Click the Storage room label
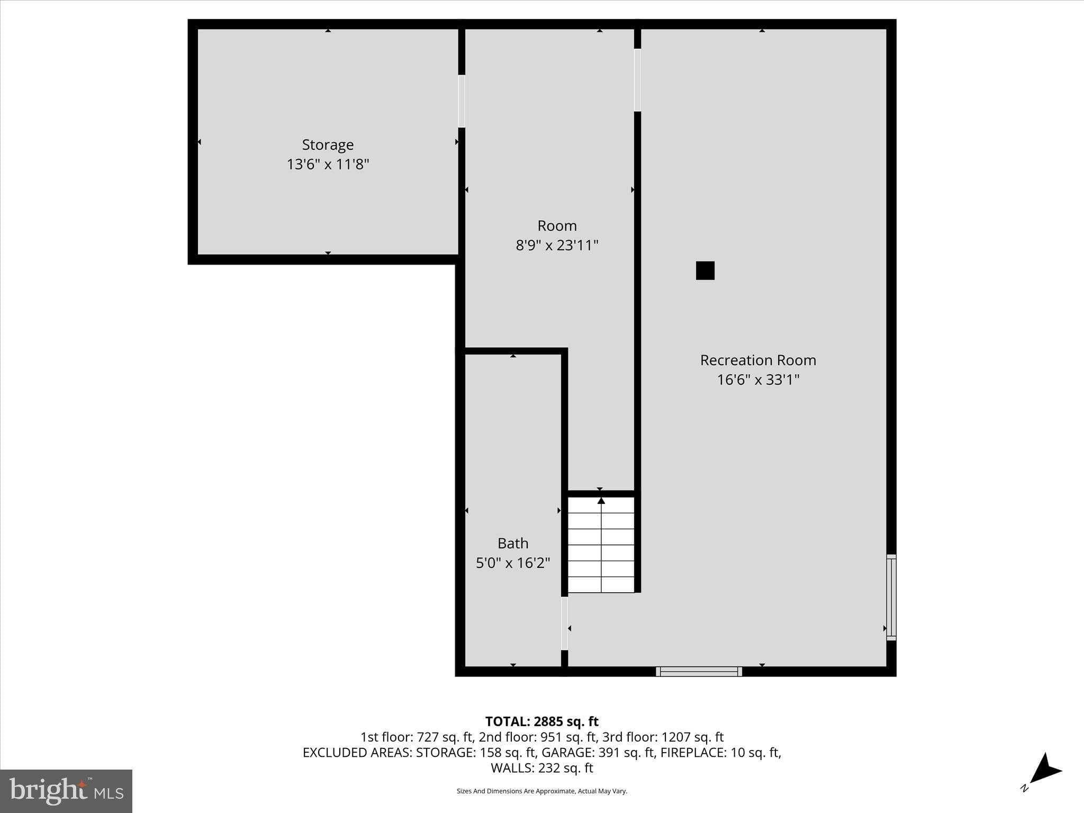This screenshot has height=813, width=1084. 328,144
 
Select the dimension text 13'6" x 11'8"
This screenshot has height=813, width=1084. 328,164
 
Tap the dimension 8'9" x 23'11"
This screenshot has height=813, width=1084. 557,245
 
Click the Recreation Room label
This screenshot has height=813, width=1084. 758,360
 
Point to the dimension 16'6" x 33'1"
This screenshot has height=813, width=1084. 758,380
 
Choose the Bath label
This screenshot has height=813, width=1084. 513,543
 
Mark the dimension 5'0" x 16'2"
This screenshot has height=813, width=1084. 513,563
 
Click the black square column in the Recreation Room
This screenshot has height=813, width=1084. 705,270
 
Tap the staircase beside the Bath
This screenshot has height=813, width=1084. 601,545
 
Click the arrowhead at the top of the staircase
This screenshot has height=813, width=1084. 601,500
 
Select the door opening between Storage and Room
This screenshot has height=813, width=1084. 462,101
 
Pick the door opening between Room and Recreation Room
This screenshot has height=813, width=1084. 637,80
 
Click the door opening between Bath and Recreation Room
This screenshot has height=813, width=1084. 564,624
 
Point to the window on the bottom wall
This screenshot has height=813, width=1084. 699,671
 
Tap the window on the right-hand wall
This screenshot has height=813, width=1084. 891,597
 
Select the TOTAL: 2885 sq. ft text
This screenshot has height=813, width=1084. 541,721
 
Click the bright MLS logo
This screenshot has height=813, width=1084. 66,791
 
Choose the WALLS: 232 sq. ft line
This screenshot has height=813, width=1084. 541,767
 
